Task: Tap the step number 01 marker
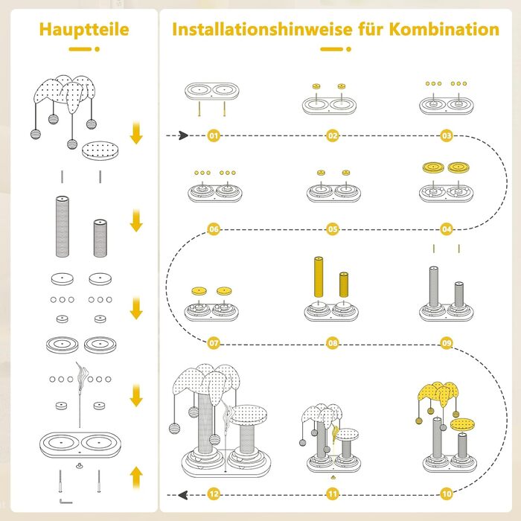tap(214, 136)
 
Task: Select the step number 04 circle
tap(447, 229)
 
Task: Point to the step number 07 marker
tap(214, 344)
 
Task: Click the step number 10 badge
tap(447, 492)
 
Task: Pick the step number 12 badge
tap(214, 492)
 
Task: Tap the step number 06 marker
tap(214, 229)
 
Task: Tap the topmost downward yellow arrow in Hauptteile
tap(135, 134)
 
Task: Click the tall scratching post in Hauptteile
tap(63, 227)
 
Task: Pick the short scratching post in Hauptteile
tap(99, 238)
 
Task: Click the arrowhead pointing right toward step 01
tap(182, 136)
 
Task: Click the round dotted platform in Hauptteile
tap(100, 150)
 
